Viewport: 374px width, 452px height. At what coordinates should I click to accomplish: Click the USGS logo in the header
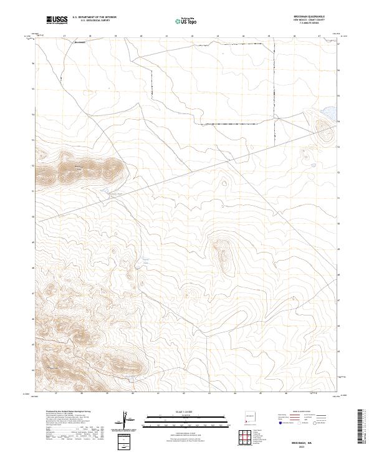click(57, 20)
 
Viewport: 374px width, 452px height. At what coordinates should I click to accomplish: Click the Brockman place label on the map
click(79, 43)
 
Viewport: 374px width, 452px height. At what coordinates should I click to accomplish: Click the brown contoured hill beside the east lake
click(326, 132)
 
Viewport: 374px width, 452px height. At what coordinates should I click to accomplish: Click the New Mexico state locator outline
click(250, 415)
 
